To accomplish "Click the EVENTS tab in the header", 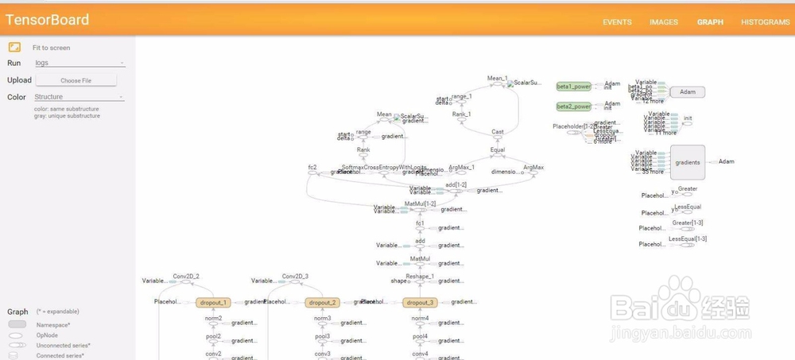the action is coord(617,22).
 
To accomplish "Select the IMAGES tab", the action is coord(664,22).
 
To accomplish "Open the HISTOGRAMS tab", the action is coord(765,22).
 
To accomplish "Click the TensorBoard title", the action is coord(48,20).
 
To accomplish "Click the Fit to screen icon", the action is coord(14,48).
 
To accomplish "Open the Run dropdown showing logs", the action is coord(79,63).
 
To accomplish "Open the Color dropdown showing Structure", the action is coord(79,97).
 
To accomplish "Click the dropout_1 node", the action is coord(213,302).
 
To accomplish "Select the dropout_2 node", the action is coord(324,302).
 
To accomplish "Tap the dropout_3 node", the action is coord(421,302).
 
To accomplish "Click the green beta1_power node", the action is coord(573,86).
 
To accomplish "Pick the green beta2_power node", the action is coord(573,106).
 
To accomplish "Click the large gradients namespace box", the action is coord(688,161).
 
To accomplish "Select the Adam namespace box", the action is coord(688,92).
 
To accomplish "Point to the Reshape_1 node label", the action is coord(420,276).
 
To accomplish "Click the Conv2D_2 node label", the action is coord(186,276).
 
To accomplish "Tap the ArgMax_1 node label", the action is coord(461,167).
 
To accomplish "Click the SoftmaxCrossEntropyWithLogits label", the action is coord(383,167).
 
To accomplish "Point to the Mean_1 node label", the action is coord(497,79).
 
